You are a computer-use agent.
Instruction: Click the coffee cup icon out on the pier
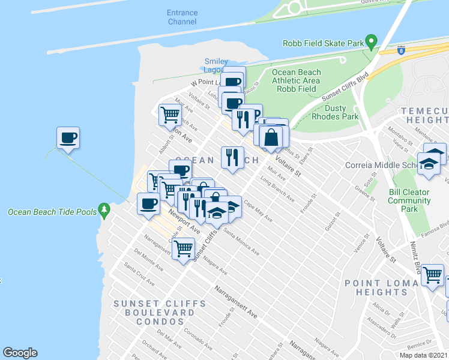click(68, 138)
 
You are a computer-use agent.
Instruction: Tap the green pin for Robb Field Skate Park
click(372, 43)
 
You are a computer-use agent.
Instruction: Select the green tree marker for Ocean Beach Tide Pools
click(106, 209)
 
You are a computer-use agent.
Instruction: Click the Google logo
click(20, 353)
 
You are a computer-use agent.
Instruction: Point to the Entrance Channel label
click(182, 17)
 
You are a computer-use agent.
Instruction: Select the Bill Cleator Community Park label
click(409, 200)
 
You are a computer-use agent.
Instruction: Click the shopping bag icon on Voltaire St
click(271, 136)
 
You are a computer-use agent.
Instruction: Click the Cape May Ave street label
click(259, 211)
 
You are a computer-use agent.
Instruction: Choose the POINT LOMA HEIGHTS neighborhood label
click(381, 287)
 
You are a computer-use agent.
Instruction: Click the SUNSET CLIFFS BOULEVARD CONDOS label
click(155, 312)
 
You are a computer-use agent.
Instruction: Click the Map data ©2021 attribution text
click(424, 355)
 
